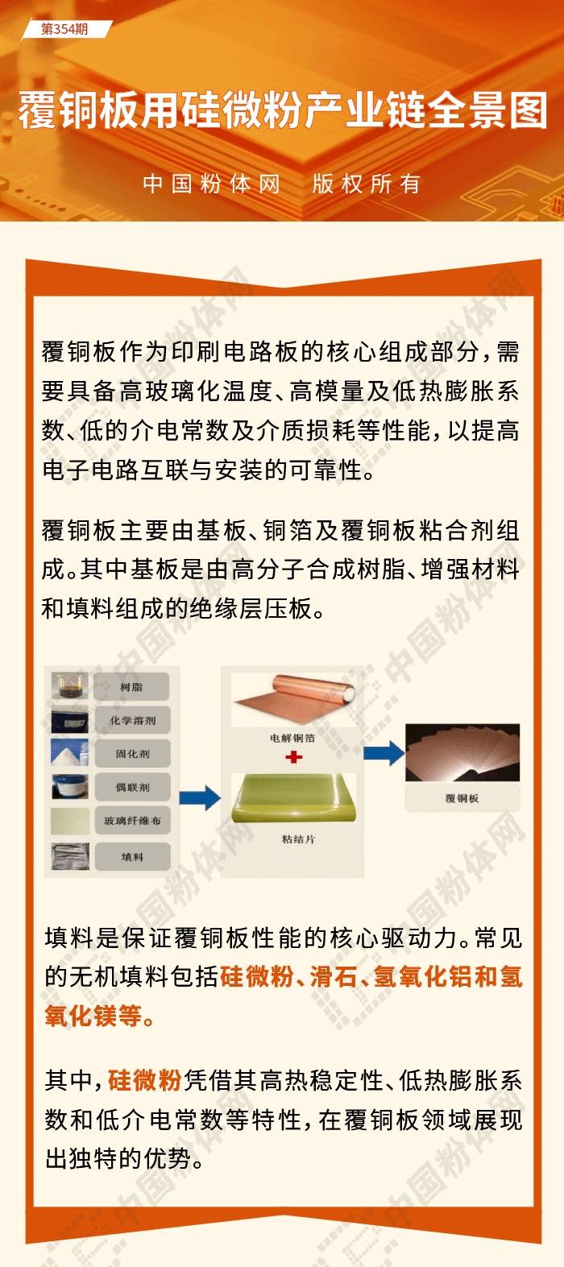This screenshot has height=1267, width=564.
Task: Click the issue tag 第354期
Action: click(x=64, y=30)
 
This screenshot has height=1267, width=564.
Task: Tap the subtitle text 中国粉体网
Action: click(x=212, y=184)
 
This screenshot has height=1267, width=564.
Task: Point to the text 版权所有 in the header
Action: click(x=366, y=184)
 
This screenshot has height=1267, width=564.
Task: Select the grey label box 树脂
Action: click(x=132, y=687)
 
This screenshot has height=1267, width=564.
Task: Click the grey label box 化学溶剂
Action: click(x=132, y=720)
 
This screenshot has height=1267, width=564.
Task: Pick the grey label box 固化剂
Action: click(x=132, y=753)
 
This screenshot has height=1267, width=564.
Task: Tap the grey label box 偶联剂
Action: click(x=132, y=787)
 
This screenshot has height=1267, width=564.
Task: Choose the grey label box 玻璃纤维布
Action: click(x=132, y=820)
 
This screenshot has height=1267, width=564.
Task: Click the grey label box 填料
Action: click(x=132, y=856)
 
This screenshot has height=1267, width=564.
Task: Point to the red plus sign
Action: click(x=293, y=756)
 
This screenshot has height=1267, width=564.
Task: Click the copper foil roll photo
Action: click(x=293, y=699)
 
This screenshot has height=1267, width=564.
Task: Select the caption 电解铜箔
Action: click(x=292, y=738)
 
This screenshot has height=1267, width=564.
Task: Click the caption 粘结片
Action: click(x=298, y=838)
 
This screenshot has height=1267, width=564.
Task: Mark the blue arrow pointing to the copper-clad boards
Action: click(x=384, y=753)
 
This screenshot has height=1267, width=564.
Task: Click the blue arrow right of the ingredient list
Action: click(x=200, y=797)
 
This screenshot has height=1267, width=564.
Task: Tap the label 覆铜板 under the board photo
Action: click(x=462, y=798)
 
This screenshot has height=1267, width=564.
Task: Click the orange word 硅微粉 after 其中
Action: click(x=145, y=1080)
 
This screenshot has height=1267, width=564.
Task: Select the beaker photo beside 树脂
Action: click(x=70, y=685)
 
